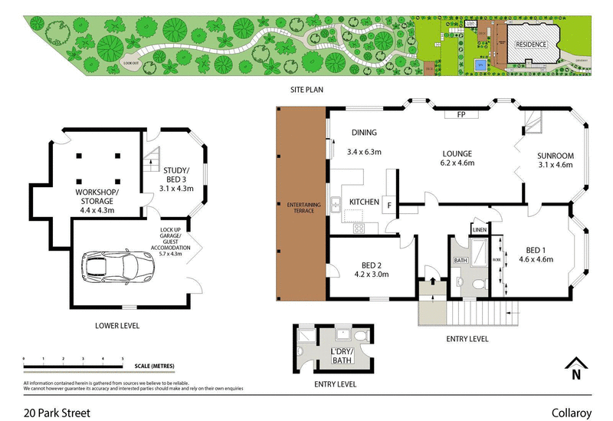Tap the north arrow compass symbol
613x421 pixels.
coord(575,370)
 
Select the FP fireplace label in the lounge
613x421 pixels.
coord(461,114)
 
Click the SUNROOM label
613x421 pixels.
coord(556,156)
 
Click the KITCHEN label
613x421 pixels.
coord(365,202)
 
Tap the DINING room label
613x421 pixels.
coord(364,132)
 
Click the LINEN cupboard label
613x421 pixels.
coord(479,229)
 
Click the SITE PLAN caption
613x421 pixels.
coord(306,90)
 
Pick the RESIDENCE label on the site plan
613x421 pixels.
coord(530,44)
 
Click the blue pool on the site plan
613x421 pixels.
coord(480,66)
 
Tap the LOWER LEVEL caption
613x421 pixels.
coord(117,325)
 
